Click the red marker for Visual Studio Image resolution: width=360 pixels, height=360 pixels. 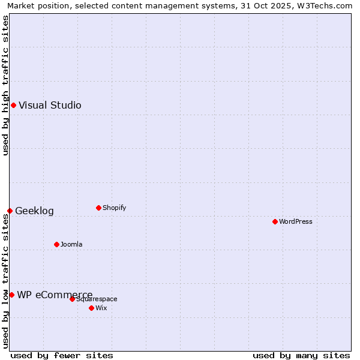click(13, 106)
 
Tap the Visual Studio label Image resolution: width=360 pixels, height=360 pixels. click(50, 106)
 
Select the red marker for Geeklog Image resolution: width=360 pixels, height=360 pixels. click(10, 211)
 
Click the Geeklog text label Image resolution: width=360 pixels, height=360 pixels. click(34, 211)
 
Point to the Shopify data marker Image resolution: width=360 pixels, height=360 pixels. click(98, 208)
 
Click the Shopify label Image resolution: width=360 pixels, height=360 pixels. click(114, 208)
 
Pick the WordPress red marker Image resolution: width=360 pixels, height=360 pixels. click(275, 221)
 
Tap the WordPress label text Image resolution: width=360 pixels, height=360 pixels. click(295, 221)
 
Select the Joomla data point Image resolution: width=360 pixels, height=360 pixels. click(56, 244)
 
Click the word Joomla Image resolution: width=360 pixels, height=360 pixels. click(71, 245)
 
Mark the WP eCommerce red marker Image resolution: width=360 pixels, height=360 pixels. click(11, 295)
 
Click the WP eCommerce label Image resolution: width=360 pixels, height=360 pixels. click(55, 295)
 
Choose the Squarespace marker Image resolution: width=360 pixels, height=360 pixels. click(72, 299)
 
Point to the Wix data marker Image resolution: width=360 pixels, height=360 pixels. click(91, 308)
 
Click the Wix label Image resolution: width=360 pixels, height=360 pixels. click(101, 308)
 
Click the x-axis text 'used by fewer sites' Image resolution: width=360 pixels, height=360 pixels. click(62, 355)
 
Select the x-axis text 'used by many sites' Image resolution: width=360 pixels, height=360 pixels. click(301, 355)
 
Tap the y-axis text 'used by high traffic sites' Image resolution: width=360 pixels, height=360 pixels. click(5, 86)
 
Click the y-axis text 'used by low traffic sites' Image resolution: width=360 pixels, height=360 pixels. click(5, 281)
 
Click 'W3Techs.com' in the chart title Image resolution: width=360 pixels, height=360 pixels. click(327, 6)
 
